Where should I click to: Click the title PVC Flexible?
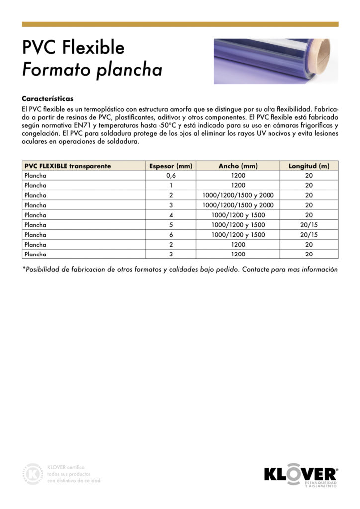[x=73, y=48]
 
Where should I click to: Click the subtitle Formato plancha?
[x=92, y=70]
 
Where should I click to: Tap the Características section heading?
[x=48, y=99]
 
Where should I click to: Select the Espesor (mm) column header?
[x=171, y=166]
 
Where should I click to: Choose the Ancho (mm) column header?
[x=238, y=166]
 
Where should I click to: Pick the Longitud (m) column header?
[x=309, y=166]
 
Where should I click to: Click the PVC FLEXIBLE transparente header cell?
[x=68, y=166]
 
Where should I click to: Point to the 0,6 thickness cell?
[x=171, y=175]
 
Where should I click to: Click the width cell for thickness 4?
[x=238, y=215]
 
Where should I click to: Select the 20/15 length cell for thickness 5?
[x=309, y=225]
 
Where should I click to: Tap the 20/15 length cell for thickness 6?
[x=309, y=235]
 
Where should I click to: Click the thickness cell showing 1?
[x=171, y=185]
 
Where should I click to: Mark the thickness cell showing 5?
[x=171, y=225]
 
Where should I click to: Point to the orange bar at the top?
[x=180, y=24]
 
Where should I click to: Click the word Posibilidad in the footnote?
[x=44, y=269]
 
